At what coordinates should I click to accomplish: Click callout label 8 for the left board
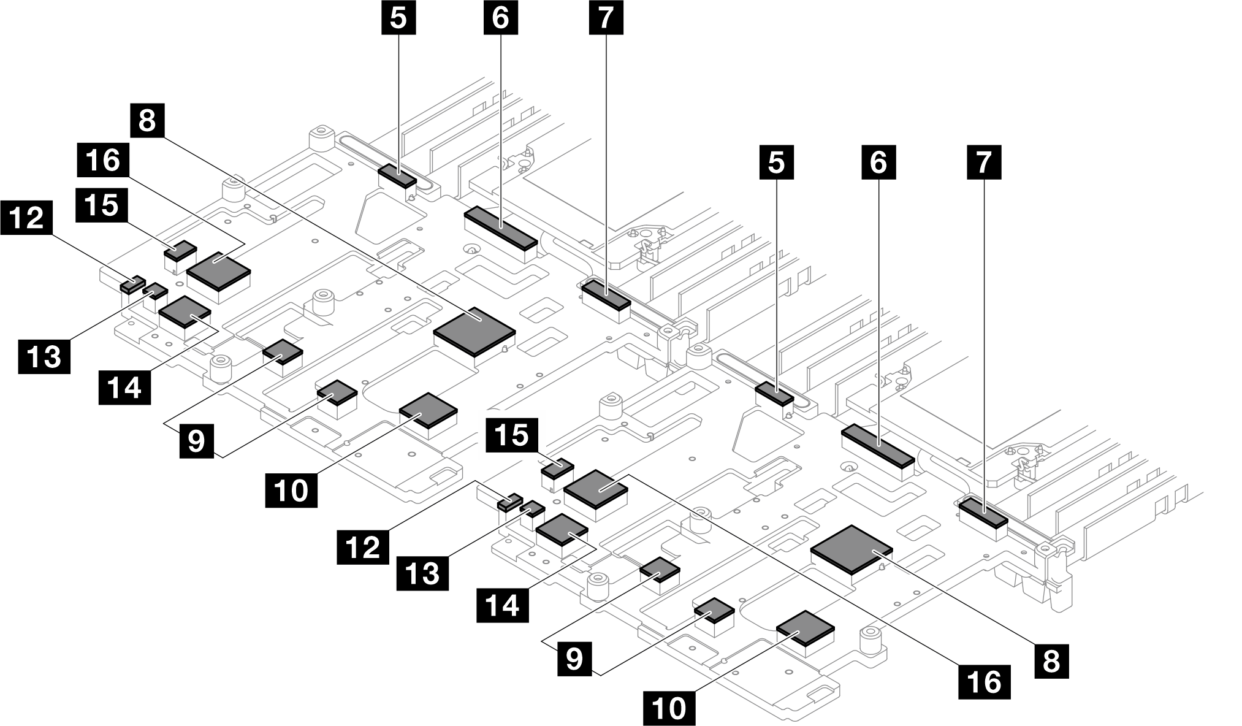click(x=147, y=120)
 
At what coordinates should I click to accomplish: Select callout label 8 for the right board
click(x=1051, y=661)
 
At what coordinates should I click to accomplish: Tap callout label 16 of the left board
click(x=103, y=160)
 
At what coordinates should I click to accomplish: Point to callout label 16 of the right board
click(x=985, y=681)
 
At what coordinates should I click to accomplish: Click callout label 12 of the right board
click(x=363, y=546)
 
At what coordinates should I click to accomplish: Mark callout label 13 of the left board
click(x=44, y=356)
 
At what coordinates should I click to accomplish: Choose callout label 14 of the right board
click(x=503, y=606)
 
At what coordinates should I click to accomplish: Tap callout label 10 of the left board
click(x=291, y=490)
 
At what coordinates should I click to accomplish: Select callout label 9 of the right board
click(x=574, y=659)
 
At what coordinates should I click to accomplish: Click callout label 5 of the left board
click(x=398, y=18)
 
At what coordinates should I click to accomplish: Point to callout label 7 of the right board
click(x=984, y=162)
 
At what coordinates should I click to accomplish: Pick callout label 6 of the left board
click(x=500, y=18)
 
